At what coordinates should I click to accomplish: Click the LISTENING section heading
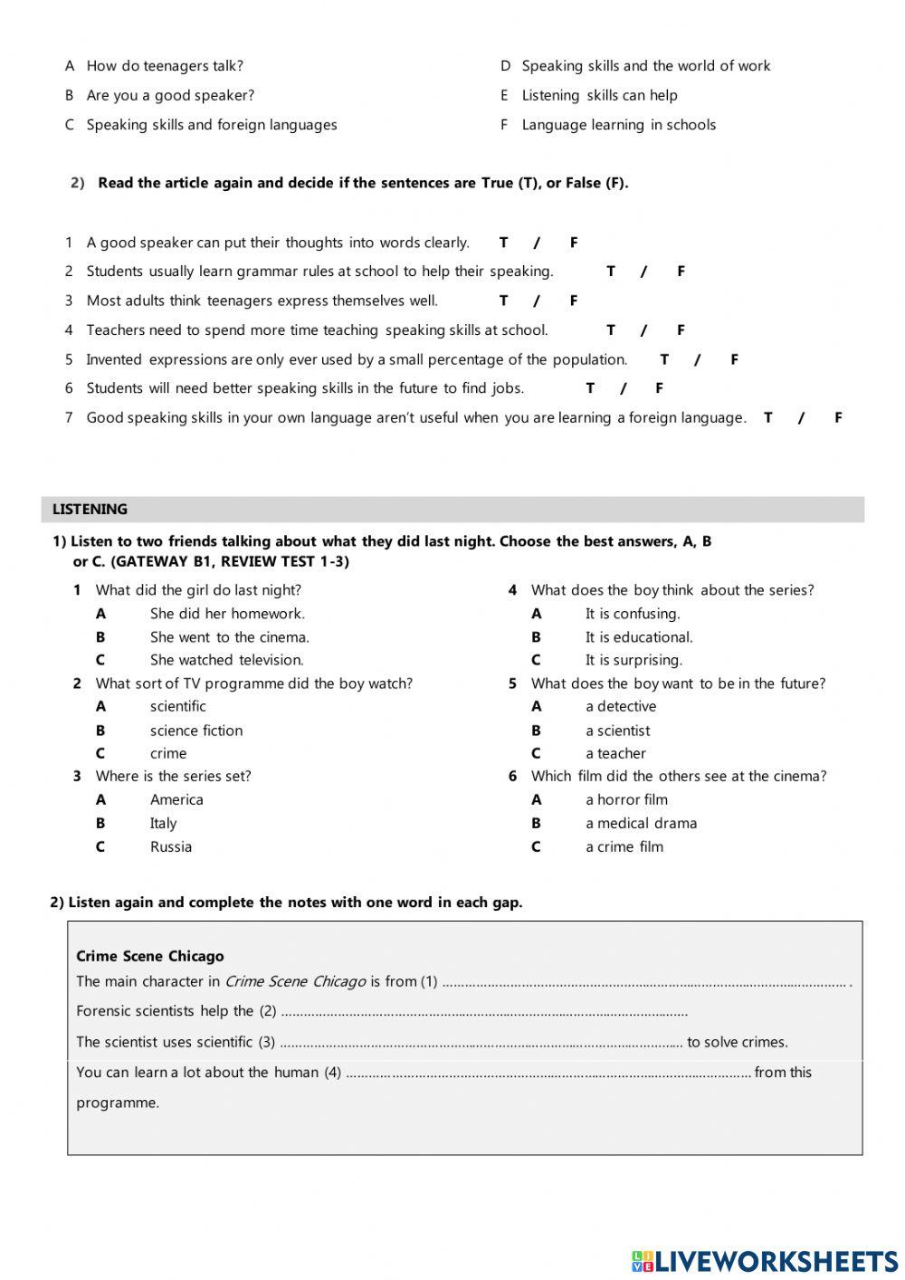coord(90,510)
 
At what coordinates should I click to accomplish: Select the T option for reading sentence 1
coord(503,243)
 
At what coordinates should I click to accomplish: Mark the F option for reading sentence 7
coord(838,417)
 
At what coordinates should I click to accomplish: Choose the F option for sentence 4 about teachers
coord(681,330)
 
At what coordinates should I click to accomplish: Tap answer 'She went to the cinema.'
coord(229,637)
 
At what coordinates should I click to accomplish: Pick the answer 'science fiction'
coord(196,731)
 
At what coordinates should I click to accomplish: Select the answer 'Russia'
coord(171,847)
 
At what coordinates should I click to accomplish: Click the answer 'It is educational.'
coord(638,637)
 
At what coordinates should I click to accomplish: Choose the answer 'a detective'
coord(621,707)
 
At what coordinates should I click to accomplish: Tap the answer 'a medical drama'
coord(641,824)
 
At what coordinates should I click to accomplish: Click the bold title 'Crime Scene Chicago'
coord(150,957)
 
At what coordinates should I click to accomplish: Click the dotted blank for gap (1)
coord(644,982)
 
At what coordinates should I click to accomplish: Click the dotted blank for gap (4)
coord(548,1074)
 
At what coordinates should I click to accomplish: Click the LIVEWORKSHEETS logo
coord(764,1261)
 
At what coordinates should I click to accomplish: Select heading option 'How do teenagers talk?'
coord(165,66)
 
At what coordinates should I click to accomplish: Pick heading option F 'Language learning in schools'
coord(618,125)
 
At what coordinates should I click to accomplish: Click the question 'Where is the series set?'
coord(173,777)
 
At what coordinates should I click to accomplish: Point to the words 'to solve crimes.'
coord(738,1042)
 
